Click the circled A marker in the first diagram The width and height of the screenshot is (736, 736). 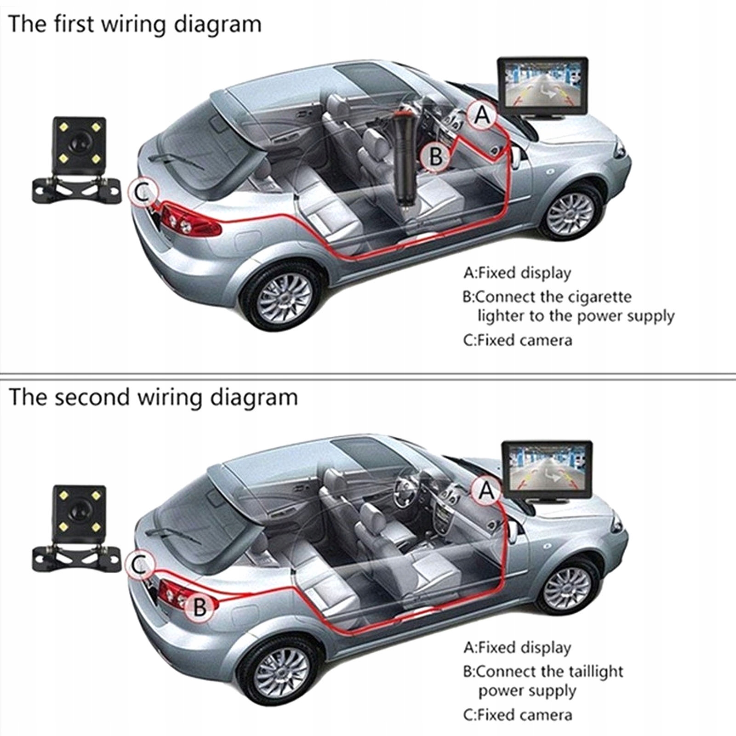pos(482,115)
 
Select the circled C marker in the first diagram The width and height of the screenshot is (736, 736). pos(143,193)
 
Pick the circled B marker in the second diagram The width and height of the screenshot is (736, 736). pos(200,606)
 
